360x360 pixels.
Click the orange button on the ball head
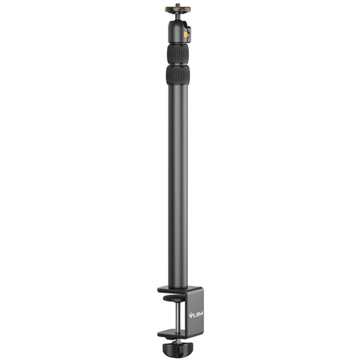[186, 34]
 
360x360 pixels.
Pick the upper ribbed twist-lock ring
[178, 55]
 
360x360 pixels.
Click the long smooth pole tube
[178, 180]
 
